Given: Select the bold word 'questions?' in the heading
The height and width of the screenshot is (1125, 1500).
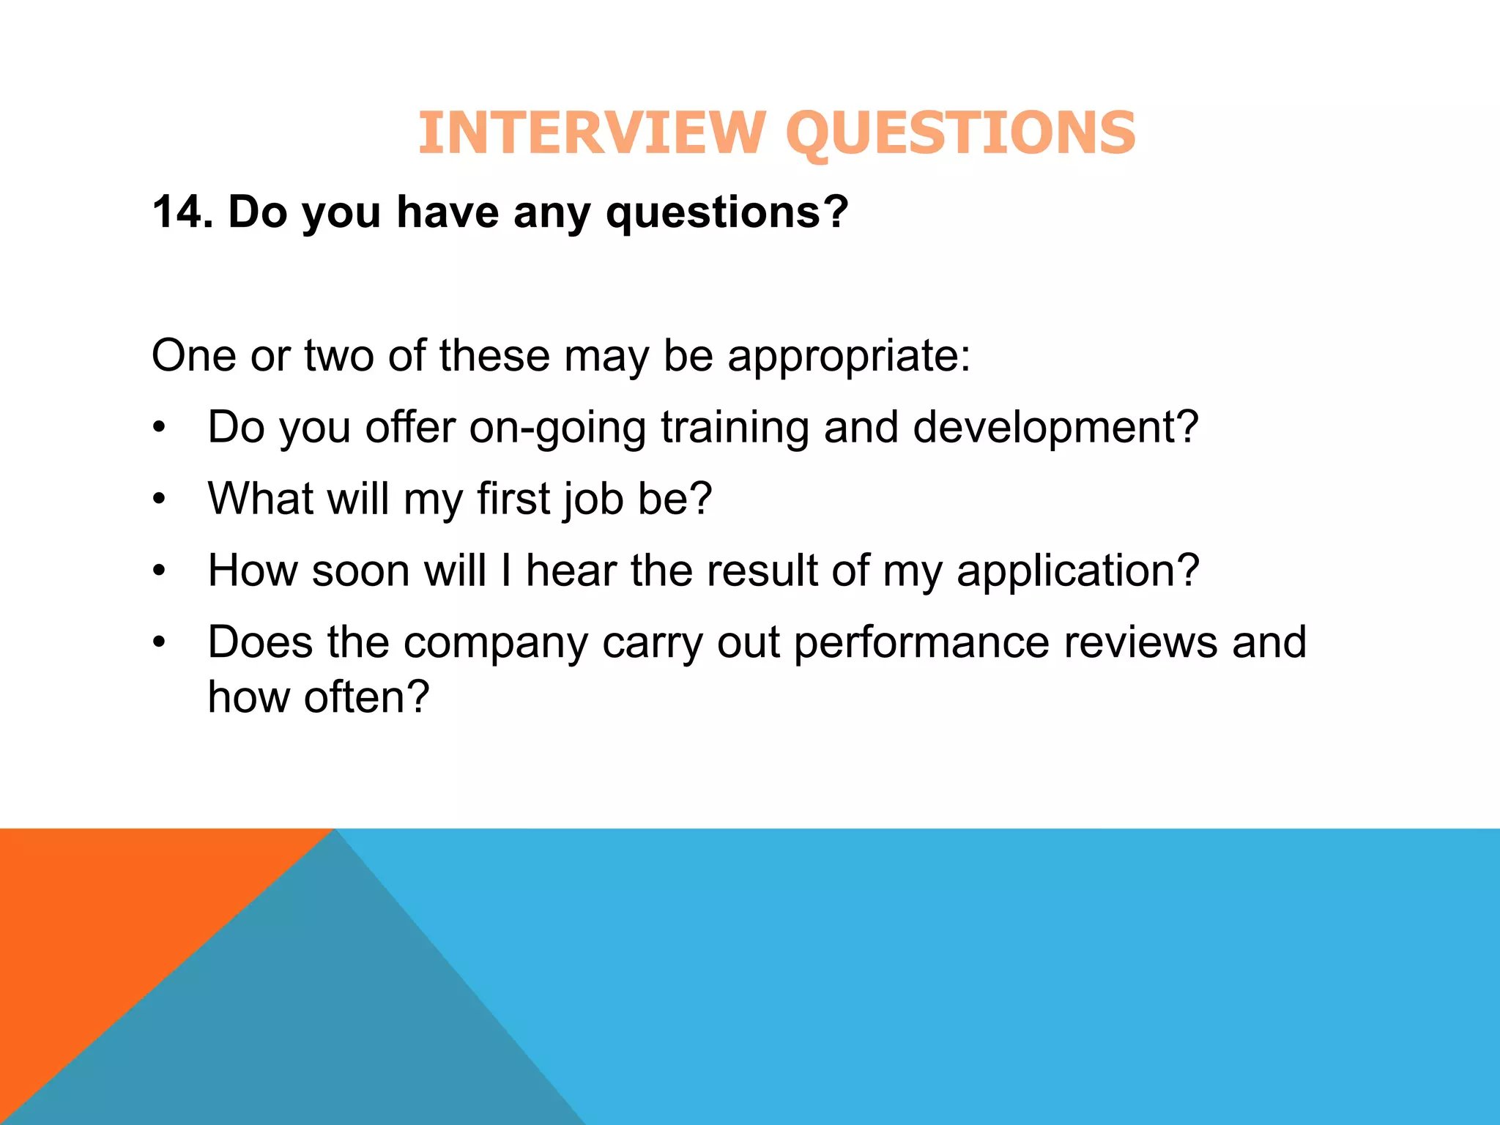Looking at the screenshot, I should [x=727, y=214].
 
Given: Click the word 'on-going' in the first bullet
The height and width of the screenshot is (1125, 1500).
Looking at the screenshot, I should [x=557, y=428].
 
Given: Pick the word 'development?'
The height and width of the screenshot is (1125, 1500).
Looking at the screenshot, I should [x=1055, y=428].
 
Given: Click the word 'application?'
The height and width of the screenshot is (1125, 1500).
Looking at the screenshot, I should [x=1077, y=572].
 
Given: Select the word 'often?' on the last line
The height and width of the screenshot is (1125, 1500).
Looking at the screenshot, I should [x=366, y=697].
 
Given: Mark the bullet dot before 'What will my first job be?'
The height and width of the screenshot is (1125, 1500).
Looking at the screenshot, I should [x=160, y=500].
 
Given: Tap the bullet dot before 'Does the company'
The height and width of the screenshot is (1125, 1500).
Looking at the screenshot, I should [x=160, y=643].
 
